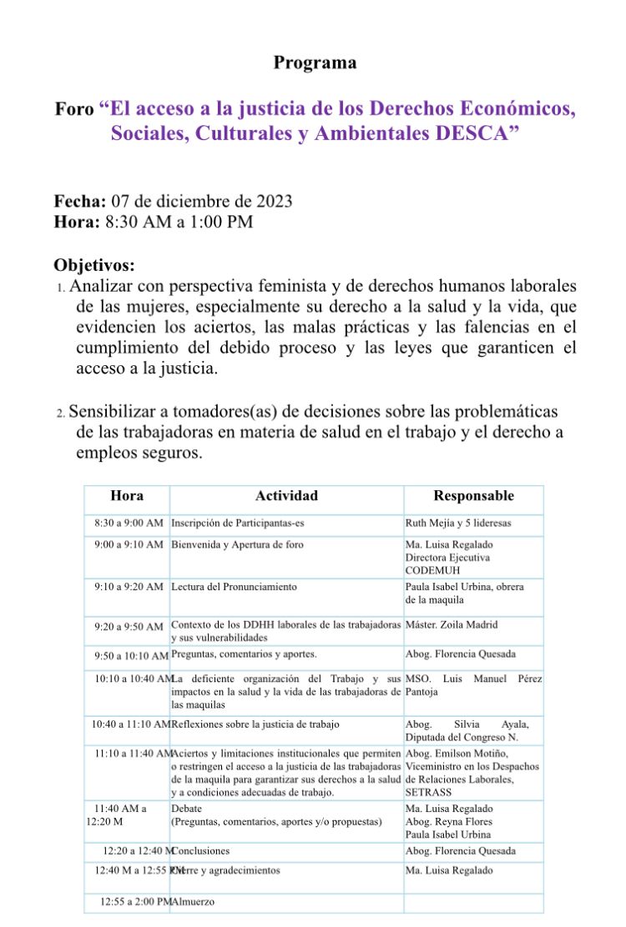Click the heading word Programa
tap(315, 63)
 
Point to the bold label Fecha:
tap(80, 201)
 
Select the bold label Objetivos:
tap(93, 265)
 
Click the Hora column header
tap(127, 496)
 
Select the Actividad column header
tap(286, 496)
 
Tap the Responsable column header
tap(473, 496)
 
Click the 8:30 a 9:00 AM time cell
tap(129, 523)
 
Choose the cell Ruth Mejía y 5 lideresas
tap(458, 523)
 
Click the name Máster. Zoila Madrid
tap(455, 624)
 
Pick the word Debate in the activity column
tap(186, 808)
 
